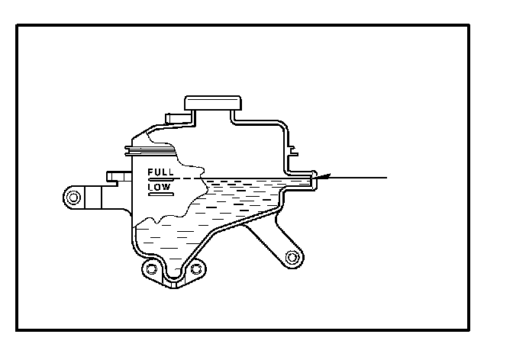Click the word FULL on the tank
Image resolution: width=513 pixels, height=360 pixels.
(x=160, y=172)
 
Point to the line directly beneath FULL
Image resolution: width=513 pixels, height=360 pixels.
(x=160, y=178)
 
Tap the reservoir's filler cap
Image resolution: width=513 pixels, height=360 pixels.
(x=212, y=104)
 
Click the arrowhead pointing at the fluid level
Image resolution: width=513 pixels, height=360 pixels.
(x=322, y=177)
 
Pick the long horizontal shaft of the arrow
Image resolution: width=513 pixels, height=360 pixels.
(x=359, y=177)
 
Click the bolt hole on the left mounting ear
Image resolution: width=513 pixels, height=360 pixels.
(x=73, y=198)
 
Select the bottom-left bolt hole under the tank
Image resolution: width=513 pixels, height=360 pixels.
(x=152, y=269)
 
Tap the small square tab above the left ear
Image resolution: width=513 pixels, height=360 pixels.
(x=115, y=176)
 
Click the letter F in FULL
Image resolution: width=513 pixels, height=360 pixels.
(x=150, y=172)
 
